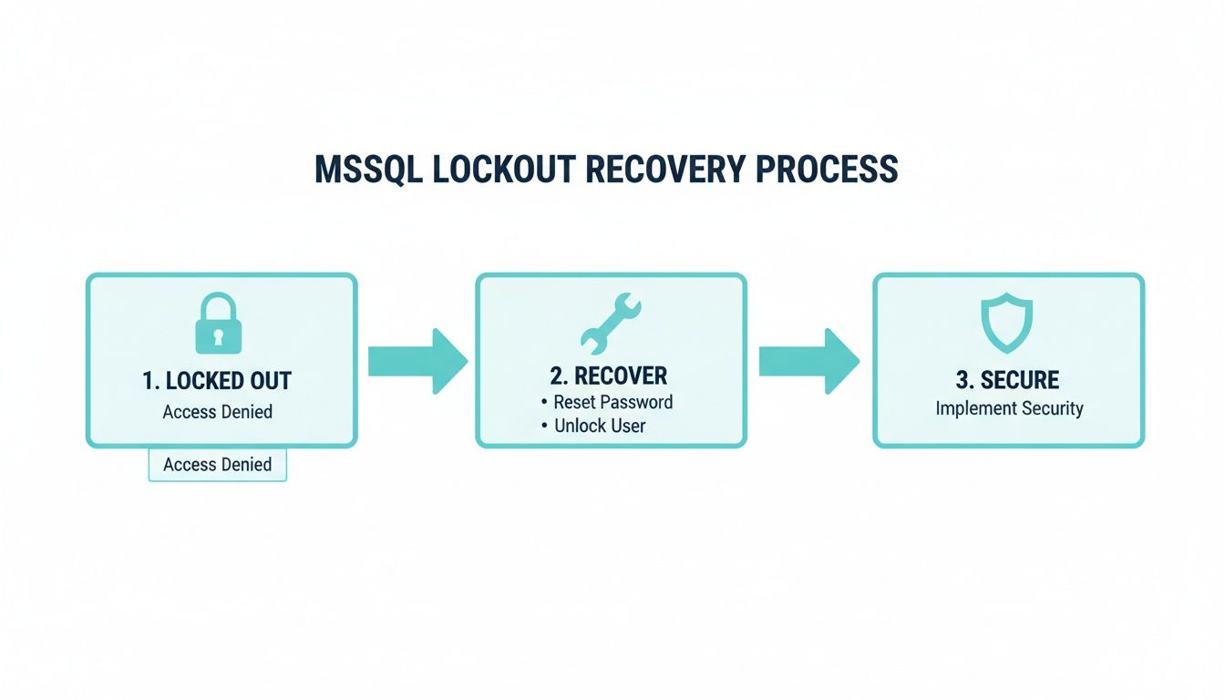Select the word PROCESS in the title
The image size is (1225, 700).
coord(828,170)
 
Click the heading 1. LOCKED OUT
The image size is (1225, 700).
coord(217,381)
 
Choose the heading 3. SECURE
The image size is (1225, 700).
coord(1007,380)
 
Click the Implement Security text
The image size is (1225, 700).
coord(1009,407)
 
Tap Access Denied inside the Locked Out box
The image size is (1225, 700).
coord(217,412)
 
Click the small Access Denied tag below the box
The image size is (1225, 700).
coord(217,465)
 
